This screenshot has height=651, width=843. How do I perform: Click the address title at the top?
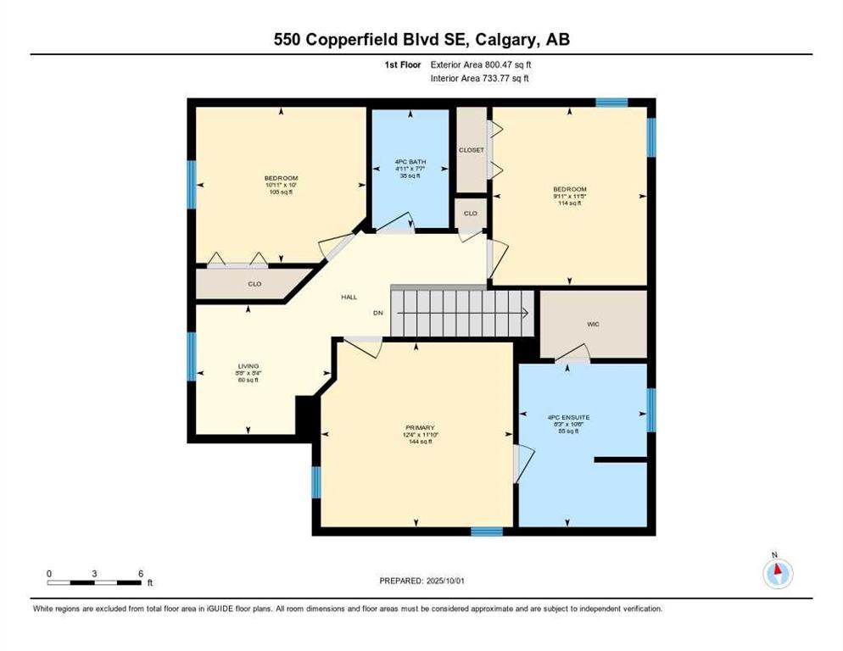[421, 40]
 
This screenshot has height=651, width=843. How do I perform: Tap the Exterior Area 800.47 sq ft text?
[481, 64]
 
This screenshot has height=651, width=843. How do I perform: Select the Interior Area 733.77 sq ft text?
[480, 79]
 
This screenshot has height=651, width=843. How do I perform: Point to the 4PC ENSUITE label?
[568, 417]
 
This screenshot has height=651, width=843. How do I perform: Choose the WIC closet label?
[593, 324]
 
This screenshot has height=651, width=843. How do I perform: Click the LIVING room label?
[248, 366]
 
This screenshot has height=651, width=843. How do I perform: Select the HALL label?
[349, 298]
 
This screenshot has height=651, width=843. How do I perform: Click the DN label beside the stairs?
[378, 313]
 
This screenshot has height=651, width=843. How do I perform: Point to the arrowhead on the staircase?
[526, 313]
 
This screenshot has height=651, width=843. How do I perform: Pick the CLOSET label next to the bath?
[472, 150]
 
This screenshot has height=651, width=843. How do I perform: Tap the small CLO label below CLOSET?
[471, 214]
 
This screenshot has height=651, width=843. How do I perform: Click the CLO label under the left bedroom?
[254, 284]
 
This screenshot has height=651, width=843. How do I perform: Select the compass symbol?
[777, 574]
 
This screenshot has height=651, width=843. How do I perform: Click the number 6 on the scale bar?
[141, 573]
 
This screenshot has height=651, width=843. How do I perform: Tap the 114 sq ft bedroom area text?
[569, 203]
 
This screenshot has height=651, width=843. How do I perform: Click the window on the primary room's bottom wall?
[487, 531]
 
